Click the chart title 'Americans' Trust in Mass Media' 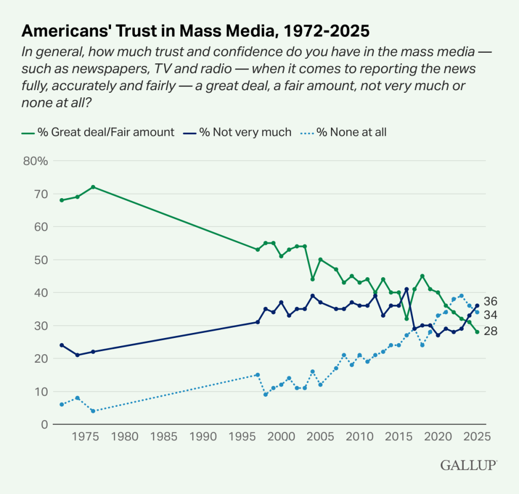(195, 31)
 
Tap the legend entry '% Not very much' (245, 132)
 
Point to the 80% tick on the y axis (35, 161)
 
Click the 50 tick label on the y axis (41, 260)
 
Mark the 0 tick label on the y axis (45, 425)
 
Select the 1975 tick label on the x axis (85, 436)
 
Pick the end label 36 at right (491, 300)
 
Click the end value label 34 (491, 315)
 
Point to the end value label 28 (491, 331)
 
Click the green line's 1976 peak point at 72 (93, 187)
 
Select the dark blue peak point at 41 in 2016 (406, 289)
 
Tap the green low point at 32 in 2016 (406, 319)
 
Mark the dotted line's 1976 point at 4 (93, 411)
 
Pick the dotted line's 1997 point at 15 (257, 375)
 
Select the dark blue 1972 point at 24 (62, 345)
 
